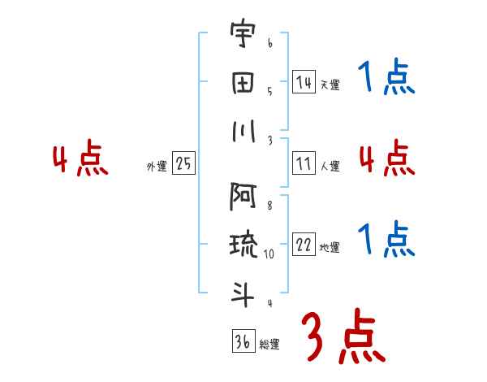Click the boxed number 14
[x=304, y=82]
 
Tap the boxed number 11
[x=304, y=163]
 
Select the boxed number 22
[x=304, y=245]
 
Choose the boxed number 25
[x=183, y=163]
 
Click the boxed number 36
[x=243, y=341]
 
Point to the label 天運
[x=330, y=85]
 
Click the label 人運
[x=330, y=166]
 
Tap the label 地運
[x=330, y=248]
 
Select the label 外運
[x=157, y=166]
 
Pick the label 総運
[x=269, y=344]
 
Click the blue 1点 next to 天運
[x=386, y=79]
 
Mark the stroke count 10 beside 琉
[x=269, y=254]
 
